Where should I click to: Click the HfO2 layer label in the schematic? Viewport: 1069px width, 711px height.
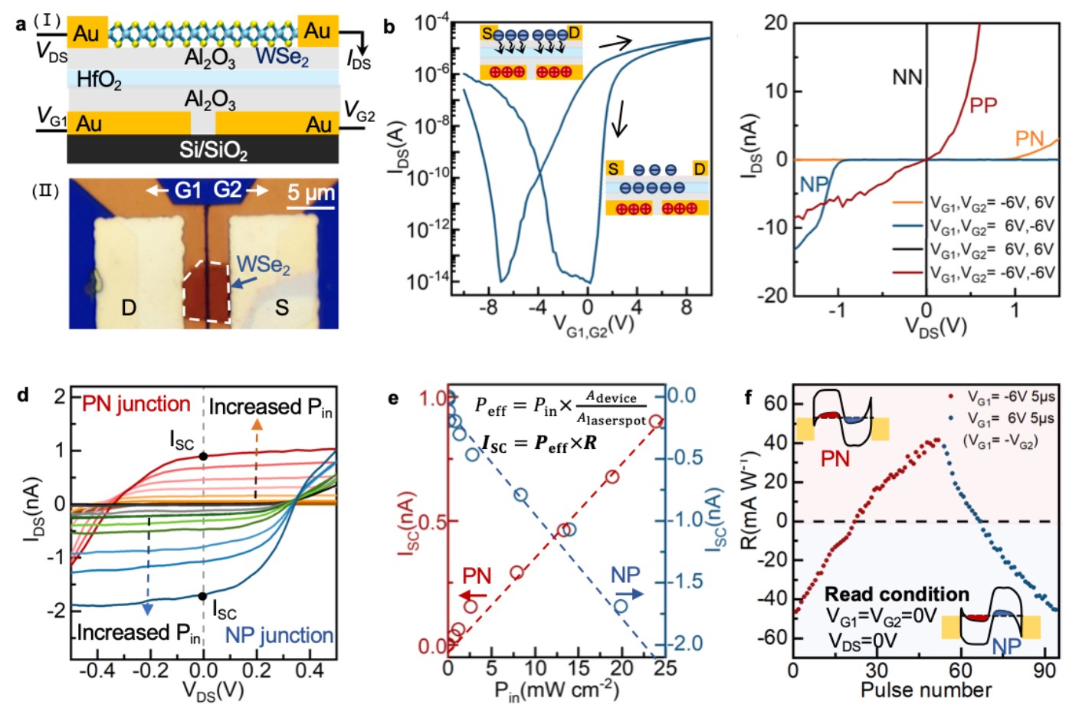99,79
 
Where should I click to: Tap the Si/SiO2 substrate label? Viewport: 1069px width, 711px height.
213,150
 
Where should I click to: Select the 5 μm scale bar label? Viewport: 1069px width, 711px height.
311,192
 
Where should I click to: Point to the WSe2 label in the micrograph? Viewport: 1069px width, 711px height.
264,265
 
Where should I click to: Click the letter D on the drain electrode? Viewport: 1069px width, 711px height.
129,308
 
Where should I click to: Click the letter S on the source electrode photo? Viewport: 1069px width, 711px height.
282,308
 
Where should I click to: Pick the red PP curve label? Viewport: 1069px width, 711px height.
983,106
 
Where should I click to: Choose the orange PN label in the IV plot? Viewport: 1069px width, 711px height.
1029,139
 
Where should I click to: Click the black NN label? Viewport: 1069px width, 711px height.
907,77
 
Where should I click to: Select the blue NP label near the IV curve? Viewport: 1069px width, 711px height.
814,185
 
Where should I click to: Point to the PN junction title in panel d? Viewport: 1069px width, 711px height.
136,404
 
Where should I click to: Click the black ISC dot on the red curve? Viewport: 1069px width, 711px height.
203,457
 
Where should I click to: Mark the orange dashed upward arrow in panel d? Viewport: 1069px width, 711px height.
256,460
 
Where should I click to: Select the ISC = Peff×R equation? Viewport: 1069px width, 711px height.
540,443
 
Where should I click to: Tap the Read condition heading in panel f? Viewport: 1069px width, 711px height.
897,595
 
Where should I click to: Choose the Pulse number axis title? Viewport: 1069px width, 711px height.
926,690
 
